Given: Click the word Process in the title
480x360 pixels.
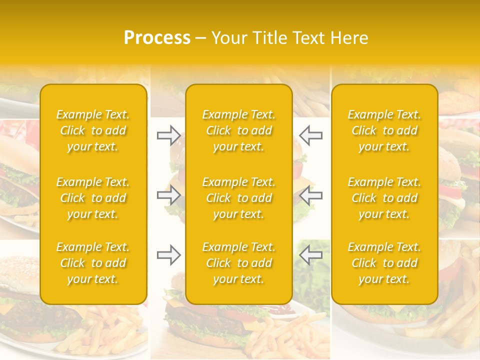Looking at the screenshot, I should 157,38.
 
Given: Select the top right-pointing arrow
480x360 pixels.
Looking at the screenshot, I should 168,135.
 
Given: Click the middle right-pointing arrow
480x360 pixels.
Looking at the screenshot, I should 168,195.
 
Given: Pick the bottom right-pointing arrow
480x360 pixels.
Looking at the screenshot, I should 168,255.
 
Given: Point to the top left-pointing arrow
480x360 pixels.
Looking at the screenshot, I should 310,135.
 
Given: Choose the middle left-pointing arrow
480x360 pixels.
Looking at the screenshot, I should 310,195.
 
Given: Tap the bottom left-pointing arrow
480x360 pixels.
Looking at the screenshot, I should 310,255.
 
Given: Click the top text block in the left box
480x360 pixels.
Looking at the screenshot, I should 93,130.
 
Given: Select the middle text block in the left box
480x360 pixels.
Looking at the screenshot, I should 93,198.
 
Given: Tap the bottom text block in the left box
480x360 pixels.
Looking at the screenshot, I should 93,263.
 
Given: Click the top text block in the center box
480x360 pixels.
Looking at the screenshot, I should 239,130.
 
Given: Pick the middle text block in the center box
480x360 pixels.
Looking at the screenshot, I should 239,198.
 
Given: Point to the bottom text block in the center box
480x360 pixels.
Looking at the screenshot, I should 239,263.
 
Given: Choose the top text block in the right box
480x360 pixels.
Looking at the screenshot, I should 384,130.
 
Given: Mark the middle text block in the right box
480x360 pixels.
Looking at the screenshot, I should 384,198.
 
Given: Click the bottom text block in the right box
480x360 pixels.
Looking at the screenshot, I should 384,263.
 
